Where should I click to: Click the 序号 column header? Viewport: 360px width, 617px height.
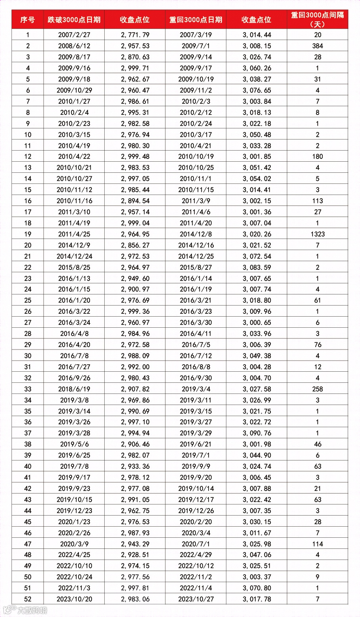click(x=28, y=19)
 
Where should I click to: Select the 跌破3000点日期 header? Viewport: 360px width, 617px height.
click(x=74, y=19)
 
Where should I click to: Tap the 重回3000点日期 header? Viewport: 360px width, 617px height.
click(x=195, y=19)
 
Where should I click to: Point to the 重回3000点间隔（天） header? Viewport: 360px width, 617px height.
click(x=317, y=19)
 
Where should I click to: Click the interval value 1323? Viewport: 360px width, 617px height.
click(x=317, y=234)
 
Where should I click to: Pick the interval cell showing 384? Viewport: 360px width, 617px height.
click(x=317, y=46)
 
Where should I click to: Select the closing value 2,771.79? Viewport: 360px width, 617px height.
click(x=135, y=35)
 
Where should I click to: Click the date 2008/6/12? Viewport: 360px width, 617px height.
click(x=74, y=46)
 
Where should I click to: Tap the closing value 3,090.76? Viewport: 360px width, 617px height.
click(x=257, y=433)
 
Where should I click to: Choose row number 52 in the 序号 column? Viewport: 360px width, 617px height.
click(x=28, y=599)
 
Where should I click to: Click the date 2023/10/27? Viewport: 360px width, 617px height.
click(x=195, y=599)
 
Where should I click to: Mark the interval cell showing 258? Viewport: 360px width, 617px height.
click(x=317, y=389)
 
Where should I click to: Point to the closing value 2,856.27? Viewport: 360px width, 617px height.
click(x=135, y=245)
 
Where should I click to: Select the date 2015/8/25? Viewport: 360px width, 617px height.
click(x=74, y=267)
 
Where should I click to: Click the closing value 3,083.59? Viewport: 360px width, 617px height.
click(x=257, y=267)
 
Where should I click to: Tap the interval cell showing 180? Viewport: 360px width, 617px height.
click(x=317, y=157)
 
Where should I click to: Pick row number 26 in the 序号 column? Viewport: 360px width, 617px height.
click(x=28, y=311)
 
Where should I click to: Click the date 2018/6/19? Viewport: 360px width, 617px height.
click(x=74, y=389)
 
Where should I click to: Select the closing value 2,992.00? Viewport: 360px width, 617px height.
click(x=135, y=367)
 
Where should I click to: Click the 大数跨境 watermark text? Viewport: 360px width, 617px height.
click(x=32, y=610)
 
